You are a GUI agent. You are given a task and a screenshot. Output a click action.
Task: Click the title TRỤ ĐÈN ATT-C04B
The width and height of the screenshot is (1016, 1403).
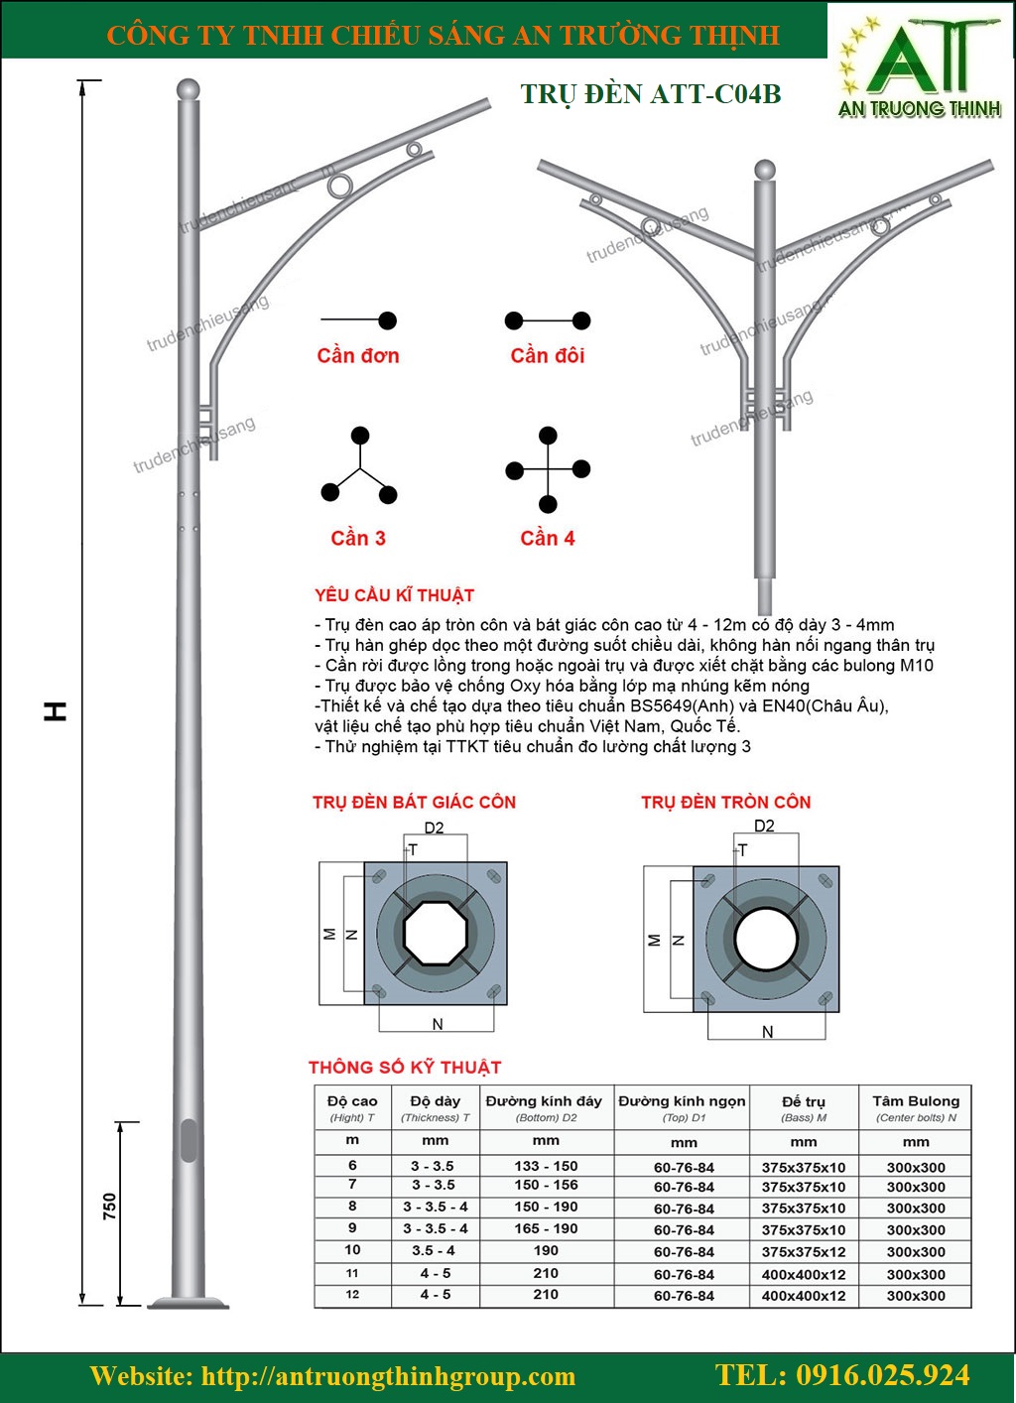pyautogui.click(x=651, y=94)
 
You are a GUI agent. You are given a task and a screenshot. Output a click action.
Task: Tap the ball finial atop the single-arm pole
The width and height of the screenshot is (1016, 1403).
pyautogui.click(x=188, y=90)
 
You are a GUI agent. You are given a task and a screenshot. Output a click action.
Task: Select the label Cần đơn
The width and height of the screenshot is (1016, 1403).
pyautogui.click(x=358, y=355)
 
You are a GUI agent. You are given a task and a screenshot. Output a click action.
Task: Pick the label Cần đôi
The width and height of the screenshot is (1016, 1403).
pyautogui.click(x=548, y=355)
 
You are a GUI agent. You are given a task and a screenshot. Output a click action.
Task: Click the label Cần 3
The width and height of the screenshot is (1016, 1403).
pyautogui.click(x=358, y=538)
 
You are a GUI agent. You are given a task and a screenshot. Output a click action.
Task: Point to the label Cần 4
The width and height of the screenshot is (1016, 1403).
pyautogui.click(x=548, y=538)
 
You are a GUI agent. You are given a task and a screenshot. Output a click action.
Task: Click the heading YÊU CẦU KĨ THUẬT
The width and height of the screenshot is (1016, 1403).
pyautogui.click(x=394, y=595)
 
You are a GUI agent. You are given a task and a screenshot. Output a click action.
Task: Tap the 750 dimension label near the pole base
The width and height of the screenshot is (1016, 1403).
pyautogui.click(x=109, y=1206)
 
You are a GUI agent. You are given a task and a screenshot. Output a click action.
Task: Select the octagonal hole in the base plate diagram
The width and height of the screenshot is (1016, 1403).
pyautogui.click(x=436, y=933)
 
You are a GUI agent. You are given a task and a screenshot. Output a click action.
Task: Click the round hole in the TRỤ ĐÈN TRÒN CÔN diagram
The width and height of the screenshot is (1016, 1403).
pyautogui.click(x=765, y=939)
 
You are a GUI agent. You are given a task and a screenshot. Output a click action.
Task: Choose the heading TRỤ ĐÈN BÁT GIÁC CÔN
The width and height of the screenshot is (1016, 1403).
pyautogui.click(x=414, y=802)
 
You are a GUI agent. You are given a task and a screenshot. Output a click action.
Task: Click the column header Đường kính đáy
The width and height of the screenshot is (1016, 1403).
pyautogui.click(x=544, y=1101)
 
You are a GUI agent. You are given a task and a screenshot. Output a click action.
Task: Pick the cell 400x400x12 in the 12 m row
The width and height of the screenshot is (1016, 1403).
pyautogui.click(x=804, y=1296)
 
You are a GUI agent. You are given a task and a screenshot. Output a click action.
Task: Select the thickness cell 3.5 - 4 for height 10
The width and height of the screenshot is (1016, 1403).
pyautogui.click(x=435, y=1251)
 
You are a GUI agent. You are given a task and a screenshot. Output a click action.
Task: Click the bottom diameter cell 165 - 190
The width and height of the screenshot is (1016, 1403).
pyautogui.click(x=546, y=1228)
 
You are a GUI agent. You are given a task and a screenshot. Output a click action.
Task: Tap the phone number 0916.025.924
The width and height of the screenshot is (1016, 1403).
pyautogui.click(x=842, y=1375)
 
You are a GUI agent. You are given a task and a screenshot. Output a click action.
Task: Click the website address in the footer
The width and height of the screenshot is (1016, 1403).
pyautogui.click(x=332, y=1376)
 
